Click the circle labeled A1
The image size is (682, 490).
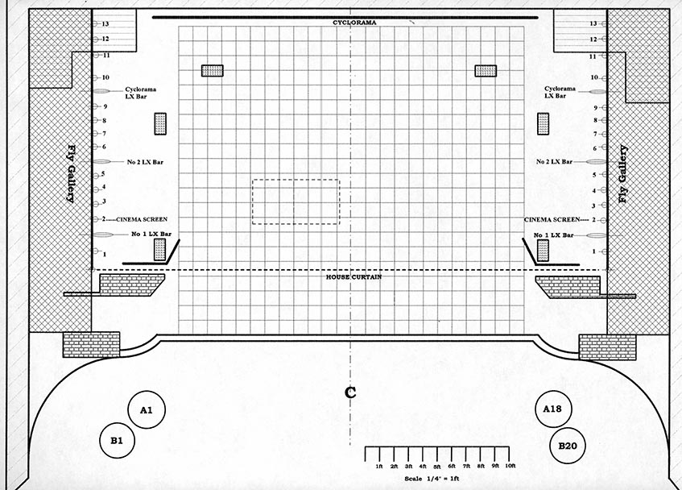click(x=147, y=409)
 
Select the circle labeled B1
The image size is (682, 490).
click(x=117, y=440)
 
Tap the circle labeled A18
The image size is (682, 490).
click(x=553, y=409)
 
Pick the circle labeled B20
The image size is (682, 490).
click(x=568, y=446)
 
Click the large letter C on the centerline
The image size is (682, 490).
click(x=350, y=392)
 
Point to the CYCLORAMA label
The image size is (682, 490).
click(x=354, y=23)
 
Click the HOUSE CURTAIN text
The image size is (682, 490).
click(x=354, y=276)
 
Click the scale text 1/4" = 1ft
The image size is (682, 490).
click(x=432, y=479)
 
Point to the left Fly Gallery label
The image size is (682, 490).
click(x=72, y=173)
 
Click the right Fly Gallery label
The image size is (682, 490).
click(x=623, y=173)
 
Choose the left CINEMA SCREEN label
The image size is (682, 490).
click(x=142, y=219)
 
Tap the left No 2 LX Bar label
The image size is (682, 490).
click(x=145, y=162)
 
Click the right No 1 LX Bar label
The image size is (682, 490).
click(x=554, y=235)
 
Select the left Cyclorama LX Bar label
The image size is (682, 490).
click(x=140, y=93)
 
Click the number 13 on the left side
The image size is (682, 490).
click(x=105, y=24)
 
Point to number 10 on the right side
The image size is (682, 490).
click(x=594, y=77)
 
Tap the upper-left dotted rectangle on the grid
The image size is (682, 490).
click(x=213, y=70)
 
